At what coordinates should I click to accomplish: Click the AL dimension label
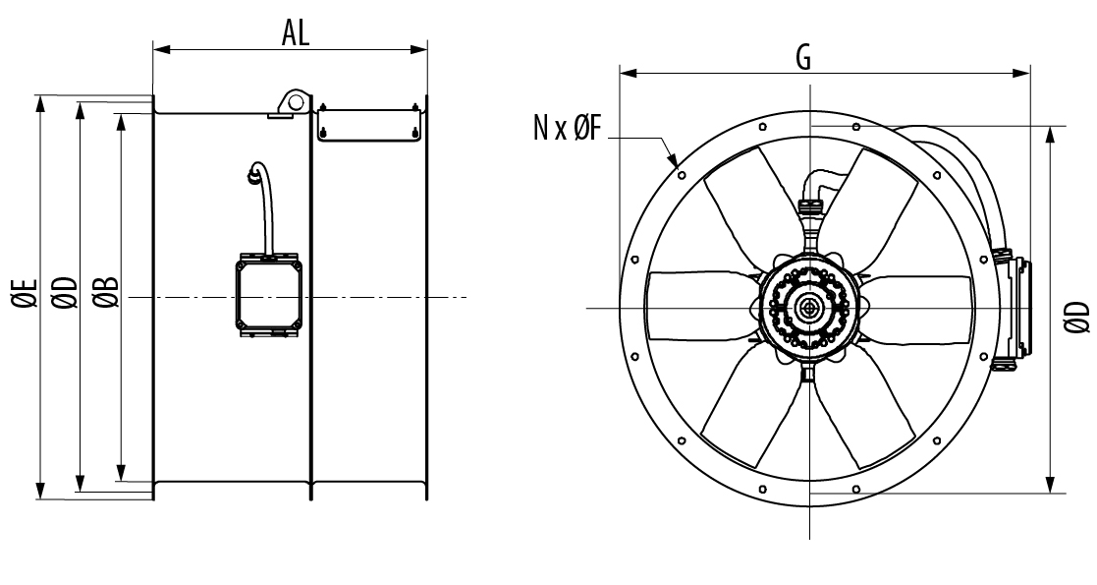(296, 32)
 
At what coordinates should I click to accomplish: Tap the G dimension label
(804, 57)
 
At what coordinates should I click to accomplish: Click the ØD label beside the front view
(1077, 317)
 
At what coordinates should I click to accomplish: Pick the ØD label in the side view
(65, 293)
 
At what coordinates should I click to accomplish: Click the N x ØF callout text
(568, 128)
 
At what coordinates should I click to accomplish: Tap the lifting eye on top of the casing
(294, 102)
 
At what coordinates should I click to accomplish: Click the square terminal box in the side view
(269, 294)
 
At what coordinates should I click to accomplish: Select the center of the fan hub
(810, 307)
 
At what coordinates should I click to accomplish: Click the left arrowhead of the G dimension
(628, 73)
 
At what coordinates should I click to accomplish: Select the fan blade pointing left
(702, 306)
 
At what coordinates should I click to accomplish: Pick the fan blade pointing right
(916, 309)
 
